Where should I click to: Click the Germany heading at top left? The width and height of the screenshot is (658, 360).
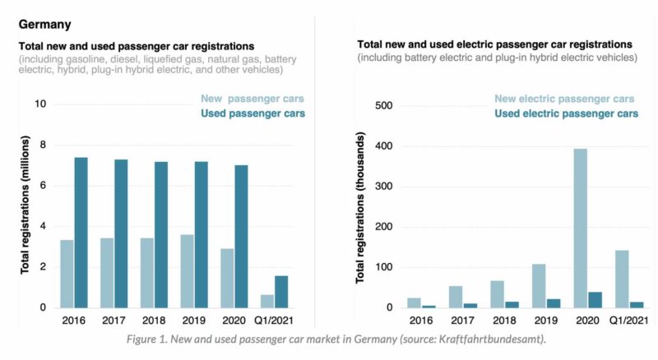point(44,25)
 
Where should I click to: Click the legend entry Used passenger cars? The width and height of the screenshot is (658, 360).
point(253,113)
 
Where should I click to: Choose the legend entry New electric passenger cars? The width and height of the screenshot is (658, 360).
point(564,99)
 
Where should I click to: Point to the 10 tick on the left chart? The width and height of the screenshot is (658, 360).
point(39,104)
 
